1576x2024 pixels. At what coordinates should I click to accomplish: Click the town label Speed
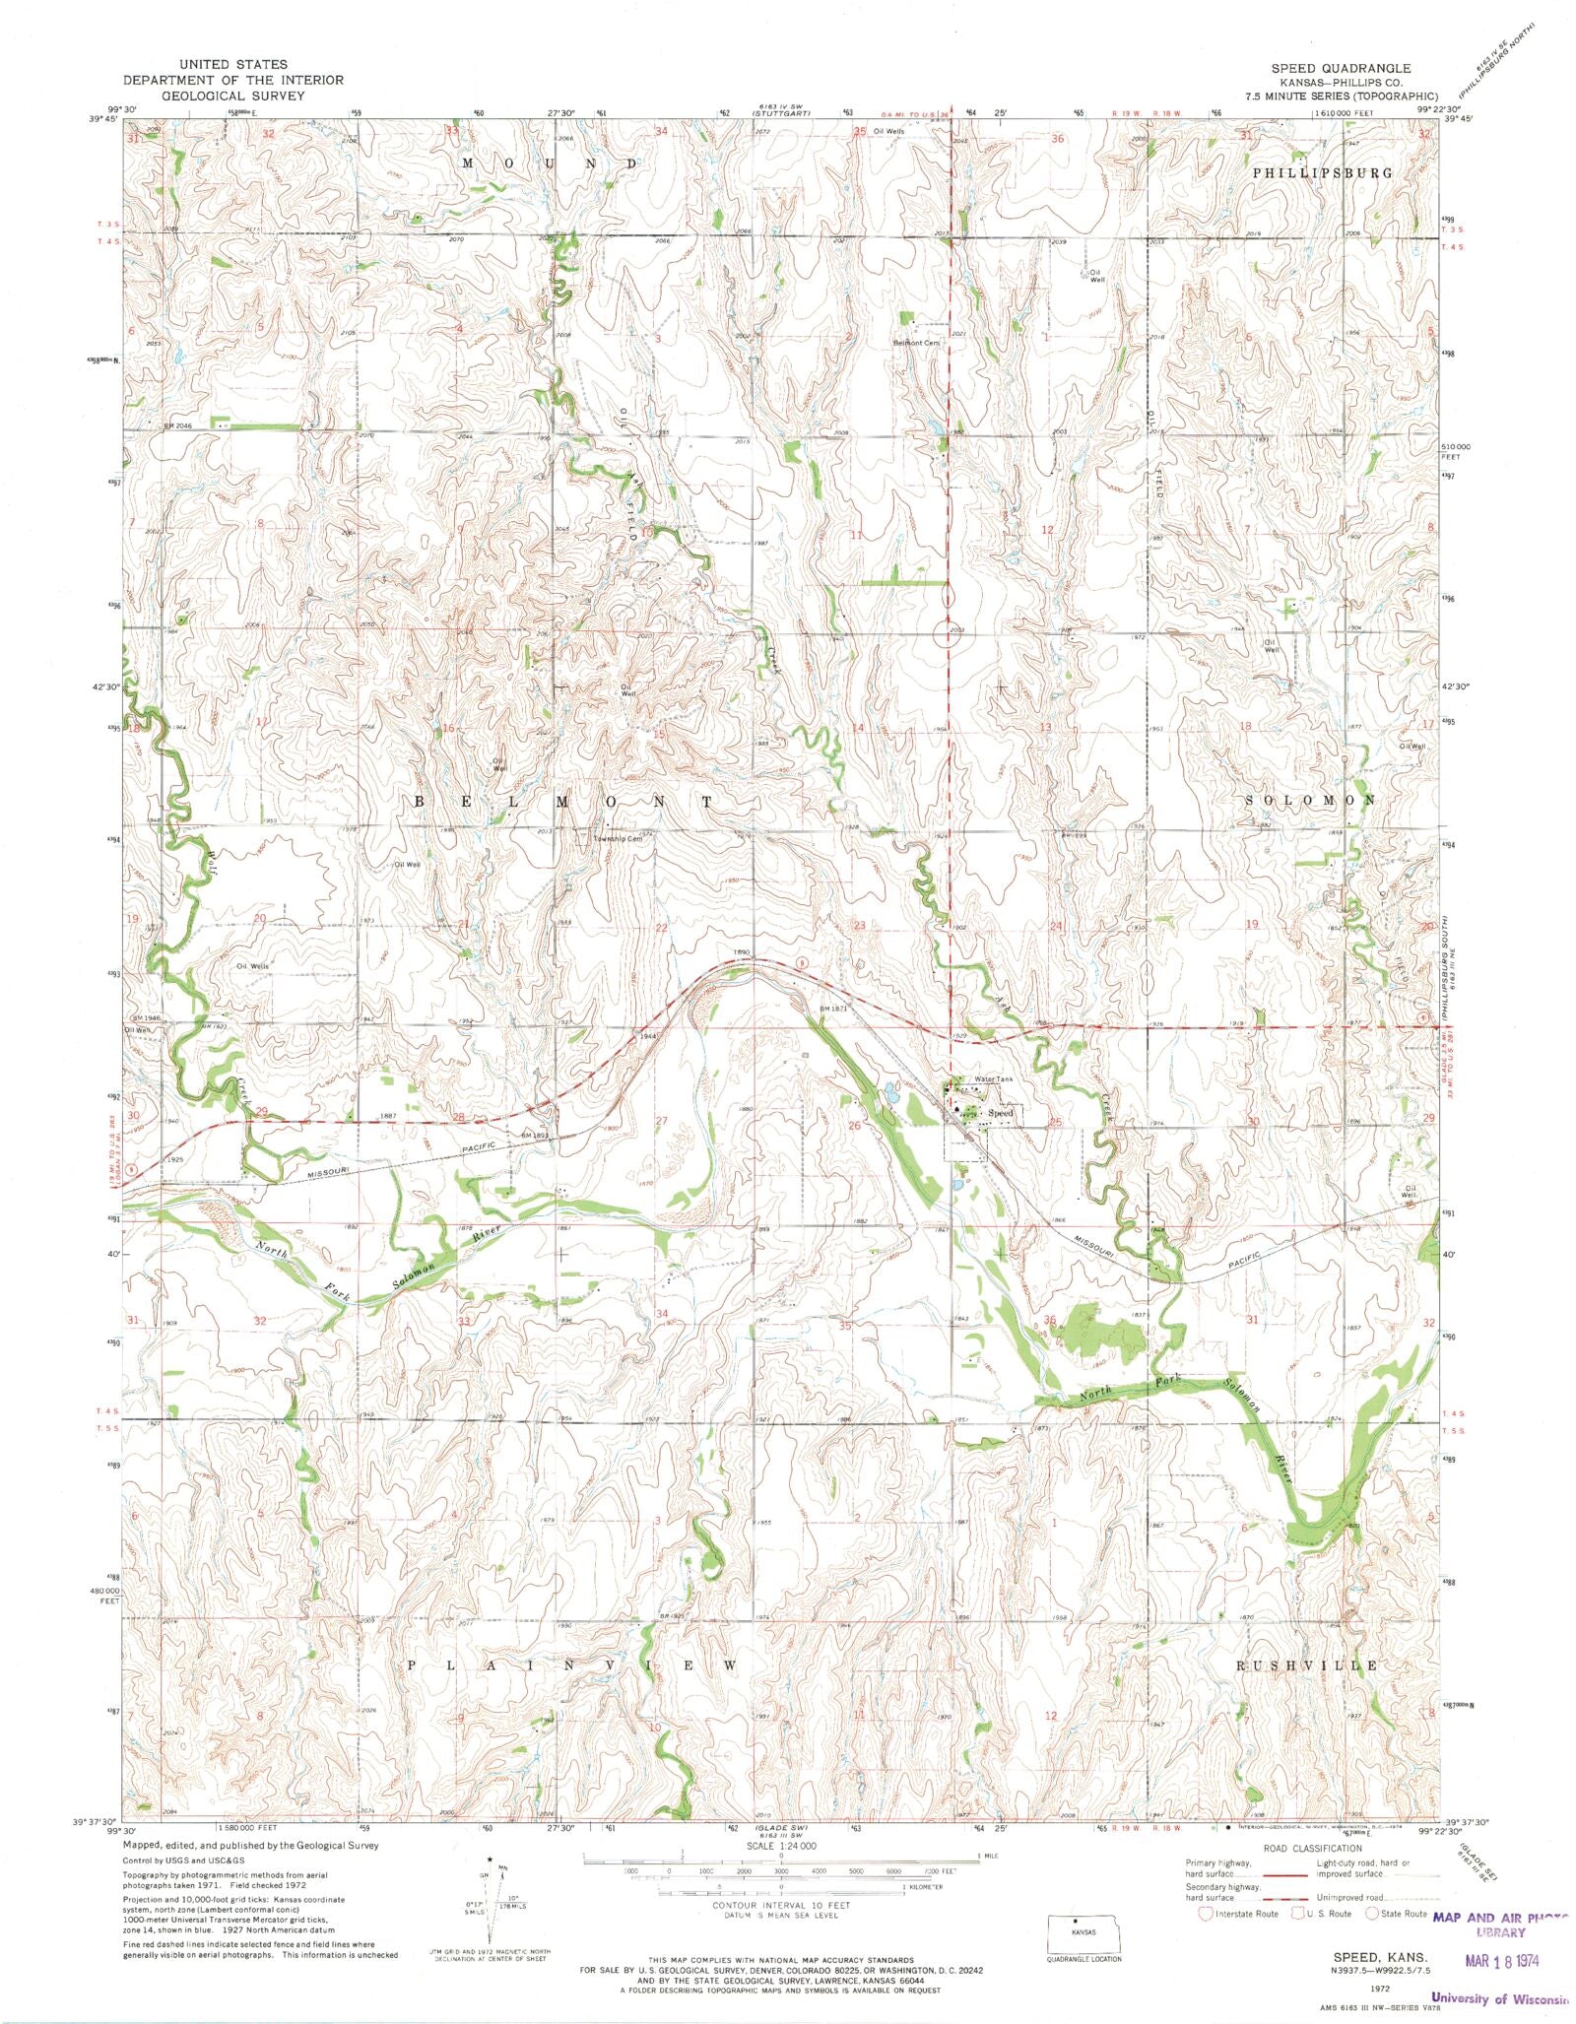pyautogui.click(x=1000, y=1113)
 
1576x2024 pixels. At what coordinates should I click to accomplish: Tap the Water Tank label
pyautogui.click(x=992, y=1079)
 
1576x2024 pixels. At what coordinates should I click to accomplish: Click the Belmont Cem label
pyautogui.click(x=916, y=343)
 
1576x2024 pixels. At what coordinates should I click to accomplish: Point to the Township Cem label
pyautogui.click(x=617, y=839)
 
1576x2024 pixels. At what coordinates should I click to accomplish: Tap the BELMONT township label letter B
pyautogui.click(x=419, y=803)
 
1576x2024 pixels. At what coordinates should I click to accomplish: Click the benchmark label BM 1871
pyautogui.click(x=833, y=1009)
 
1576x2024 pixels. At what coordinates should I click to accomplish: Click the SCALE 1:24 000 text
pyautogui.click(x=781, y=1844)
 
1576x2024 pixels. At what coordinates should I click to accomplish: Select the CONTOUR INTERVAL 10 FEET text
pyautogui.click(x=781, y=1906)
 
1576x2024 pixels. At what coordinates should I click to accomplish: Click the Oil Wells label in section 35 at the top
pyautogui.click(x=888, y=131)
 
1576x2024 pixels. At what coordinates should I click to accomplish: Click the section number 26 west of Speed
pyautogui.click(x=855, y=1125)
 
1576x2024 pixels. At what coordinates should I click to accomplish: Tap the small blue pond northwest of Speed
pyautogui.click(x=891, y=1091)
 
